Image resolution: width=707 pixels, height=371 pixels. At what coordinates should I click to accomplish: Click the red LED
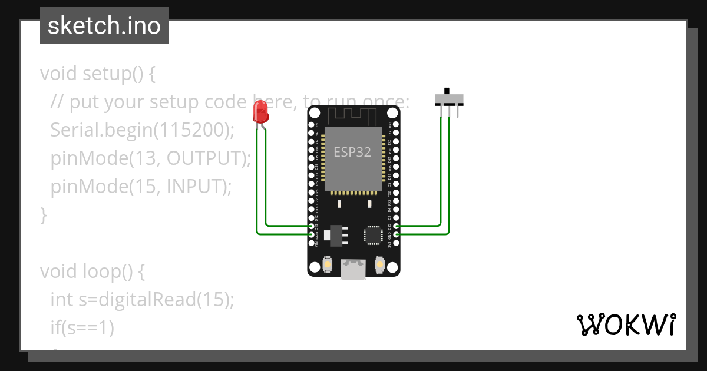click(260, 111)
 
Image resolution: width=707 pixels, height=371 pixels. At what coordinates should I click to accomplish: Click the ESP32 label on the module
click(352, 152)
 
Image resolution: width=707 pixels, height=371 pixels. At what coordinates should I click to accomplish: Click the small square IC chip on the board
click(374, 234)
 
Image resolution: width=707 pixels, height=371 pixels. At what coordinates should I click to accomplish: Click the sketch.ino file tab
click(104, 26)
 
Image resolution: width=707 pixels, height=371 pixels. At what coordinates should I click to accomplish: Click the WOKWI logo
click(626, 324)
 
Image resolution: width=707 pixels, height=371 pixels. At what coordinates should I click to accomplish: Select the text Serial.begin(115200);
click(142, 130)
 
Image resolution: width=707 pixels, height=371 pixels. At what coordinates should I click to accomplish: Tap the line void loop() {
click(92, 271)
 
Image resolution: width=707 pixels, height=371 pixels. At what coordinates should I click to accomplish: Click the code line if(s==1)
click(82, 328)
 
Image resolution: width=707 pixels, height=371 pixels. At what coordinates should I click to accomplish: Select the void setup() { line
click(97, 74)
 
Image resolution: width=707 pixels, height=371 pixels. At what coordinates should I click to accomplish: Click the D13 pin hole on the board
click(312, 226)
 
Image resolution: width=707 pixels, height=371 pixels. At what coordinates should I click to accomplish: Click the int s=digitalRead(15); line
click(142, 300)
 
